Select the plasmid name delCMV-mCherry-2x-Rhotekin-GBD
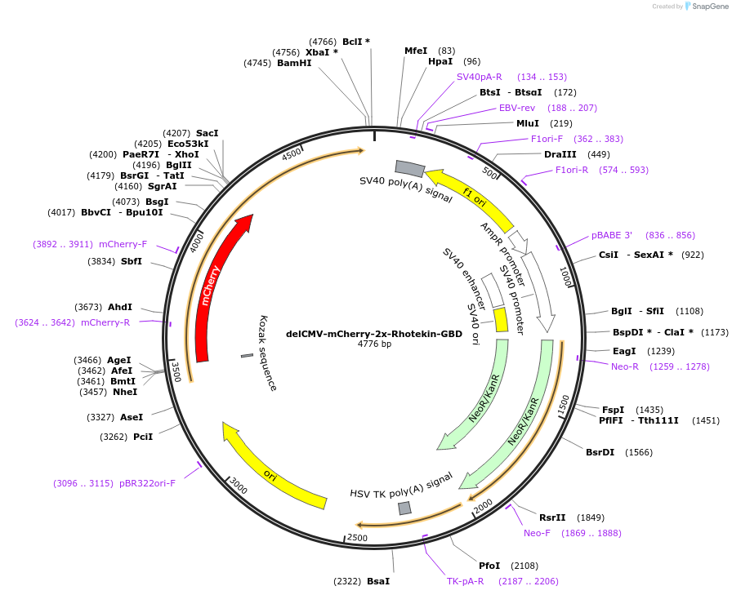(374, 334)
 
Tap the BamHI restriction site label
(294, 63)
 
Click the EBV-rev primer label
(517, 108)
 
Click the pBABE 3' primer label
(611, 235)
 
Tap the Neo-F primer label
(537, 533)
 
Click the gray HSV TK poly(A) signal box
(404, 508)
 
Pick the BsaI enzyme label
(378, 581)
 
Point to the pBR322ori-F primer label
(147, 483)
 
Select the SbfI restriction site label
(131, 261)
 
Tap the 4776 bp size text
(374, 344)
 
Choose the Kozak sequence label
(269, 353)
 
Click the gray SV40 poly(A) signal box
(410, 169)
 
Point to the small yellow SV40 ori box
(501, 319)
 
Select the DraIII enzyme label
(560, 154)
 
